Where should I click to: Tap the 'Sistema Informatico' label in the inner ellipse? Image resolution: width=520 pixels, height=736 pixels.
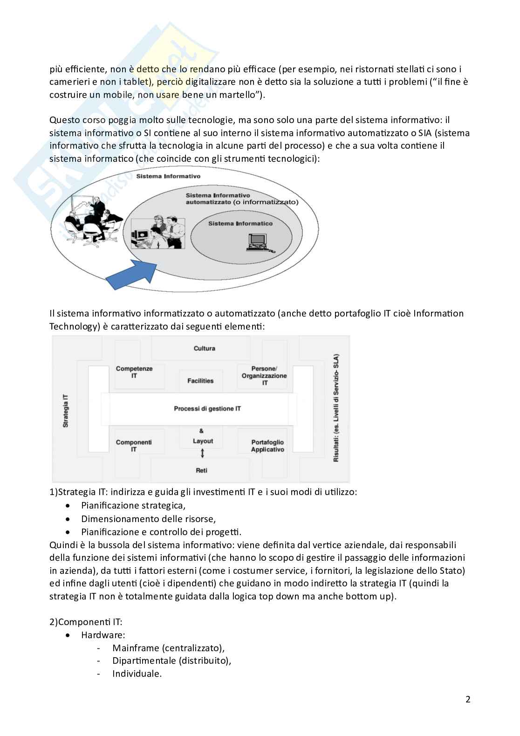[240, 223]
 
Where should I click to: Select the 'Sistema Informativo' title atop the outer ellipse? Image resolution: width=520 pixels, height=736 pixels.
[168, 176]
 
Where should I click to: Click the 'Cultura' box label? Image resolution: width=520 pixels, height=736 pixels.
[204, 348]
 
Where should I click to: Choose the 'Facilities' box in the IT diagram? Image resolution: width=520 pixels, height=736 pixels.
[200, 381]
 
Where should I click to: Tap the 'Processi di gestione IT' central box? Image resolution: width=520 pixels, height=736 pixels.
[207, 408]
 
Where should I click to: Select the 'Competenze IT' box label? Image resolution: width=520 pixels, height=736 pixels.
[134, 371]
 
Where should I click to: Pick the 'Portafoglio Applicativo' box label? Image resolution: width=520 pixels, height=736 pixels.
[267, 446]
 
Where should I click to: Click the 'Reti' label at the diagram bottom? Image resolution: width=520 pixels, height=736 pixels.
[202, 470]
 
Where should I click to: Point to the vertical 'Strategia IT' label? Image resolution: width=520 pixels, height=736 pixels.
[66, 411]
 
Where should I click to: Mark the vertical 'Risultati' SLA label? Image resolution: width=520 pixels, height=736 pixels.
[335, 408]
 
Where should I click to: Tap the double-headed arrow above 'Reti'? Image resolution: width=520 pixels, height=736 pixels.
[202, 453]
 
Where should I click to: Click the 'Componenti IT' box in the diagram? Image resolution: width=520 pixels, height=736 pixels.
[133, 446]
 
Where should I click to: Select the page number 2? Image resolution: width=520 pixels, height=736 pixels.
[468, 699]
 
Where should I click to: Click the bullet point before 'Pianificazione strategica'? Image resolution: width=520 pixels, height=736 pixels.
[69, 506]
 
